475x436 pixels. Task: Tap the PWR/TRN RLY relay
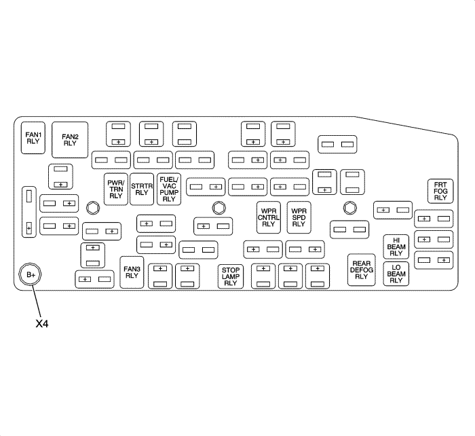115,188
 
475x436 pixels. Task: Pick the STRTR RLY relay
141,188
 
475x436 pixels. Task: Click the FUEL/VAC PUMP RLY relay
168,188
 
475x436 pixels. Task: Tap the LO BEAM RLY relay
396,272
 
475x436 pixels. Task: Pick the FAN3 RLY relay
132,272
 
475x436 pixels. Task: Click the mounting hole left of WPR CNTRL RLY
217,207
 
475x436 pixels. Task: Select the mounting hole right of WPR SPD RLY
350,207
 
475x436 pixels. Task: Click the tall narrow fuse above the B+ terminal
28,212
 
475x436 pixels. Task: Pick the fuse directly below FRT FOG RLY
434,219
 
